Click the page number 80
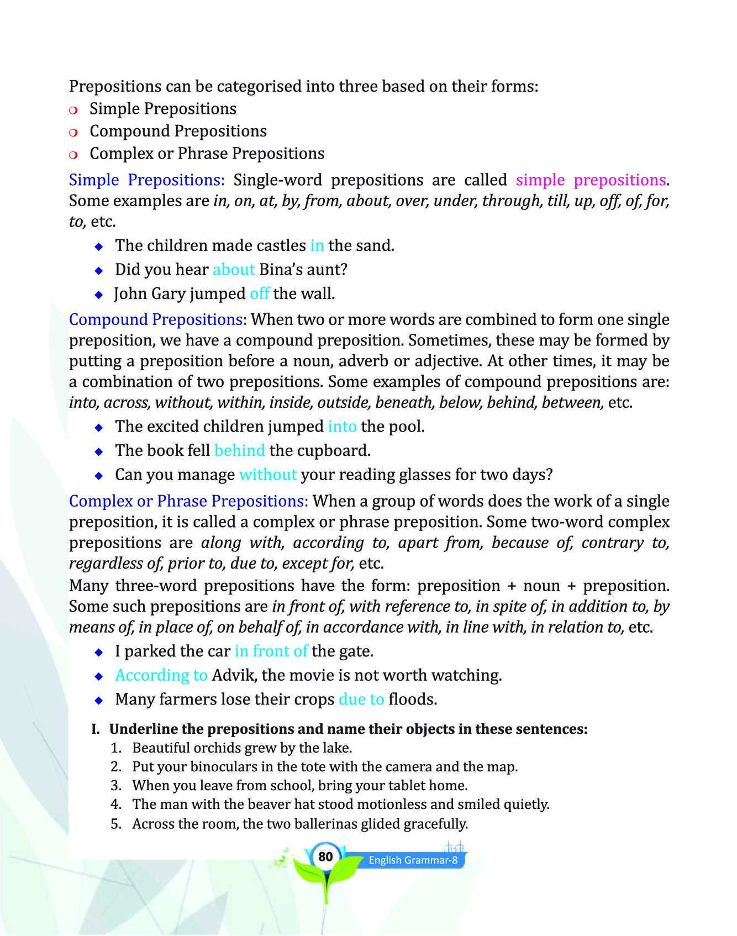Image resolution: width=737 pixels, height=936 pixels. pyautogui.click(x=325, y=856)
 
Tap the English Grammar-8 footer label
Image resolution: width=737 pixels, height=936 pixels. pyautogui.click(x=413, y=860)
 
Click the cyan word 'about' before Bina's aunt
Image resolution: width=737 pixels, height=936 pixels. pyautogui.click(x=233, y=270)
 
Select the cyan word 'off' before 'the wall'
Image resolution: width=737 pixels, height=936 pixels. pyautogui.click(x=259, y=293)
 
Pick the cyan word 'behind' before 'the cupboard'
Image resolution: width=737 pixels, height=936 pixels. pyautogui.click(x=239, y=450)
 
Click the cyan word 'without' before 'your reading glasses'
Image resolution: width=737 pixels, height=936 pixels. pyautogui.click(x=268, y=475)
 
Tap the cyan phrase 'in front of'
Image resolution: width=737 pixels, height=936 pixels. pyautogui.click(x=271, y=651)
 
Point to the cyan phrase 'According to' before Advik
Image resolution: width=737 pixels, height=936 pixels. pyautogui.click(x=161, y=675)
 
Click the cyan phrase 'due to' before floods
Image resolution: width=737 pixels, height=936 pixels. pyautogui.click(x=361, y=700)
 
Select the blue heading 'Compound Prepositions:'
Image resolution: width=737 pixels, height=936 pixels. pyautogui.click(x=157, y=319)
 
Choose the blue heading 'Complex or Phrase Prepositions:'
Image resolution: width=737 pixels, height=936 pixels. pyautogui.click(x=188, y=501)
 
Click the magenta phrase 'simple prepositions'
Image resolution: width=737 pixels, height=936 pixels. pyautogui.click(x=591, y=180)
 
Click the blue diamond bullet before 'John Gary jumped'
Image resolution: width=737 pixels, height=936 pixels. pyautogui.click(x=99, y=295)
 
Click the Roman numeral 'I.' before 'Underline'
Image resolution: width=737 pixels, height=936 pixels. pyautogui.click(x=96, y=729)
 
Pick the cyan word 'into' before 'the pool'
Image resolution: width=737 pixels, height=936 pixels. pyautogui.click(x=341, y=427)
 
